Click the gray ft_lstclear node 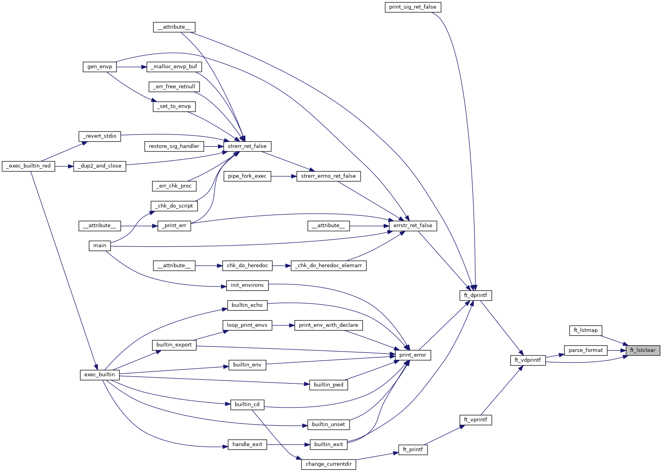coord(642,350)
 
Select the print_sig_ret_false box coord(413,7)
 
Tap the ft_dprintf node coord(475,295)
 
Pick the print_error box coord(413,355)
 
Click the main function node coord(100,246)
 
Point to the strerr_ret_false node coord(247,146)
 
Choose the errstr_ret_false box coord(413,226)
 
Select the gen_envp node coord(100,67)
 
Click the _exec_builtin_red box coord(29,166)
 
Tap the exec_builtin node coord(100,375)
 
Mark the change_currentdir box coord(328,464)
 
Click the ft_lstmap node coord(586,330)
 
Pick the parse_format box coord(586,350)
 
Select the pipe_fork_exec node coord(247,176)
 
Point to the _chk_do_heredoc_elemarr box coord(328,266)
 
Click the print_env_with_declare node coord(328,325)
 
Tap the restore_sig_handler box coord(174,146)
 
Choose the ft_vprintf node coord(475,420)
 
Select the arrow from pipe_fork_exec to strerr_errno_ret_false coord(283,176)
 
